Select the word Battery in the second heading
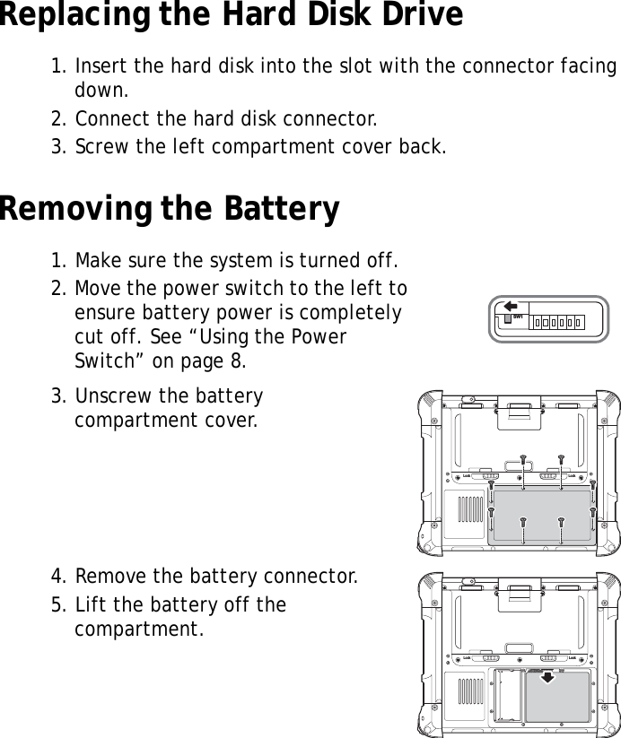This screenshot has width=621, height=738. [276, 209]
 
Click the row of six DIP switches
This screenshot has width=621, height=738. [557, 321]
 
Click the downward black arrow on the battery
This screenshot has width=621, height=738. [547, 679]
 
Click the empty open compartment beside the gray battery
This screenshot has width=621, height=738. [509, 695]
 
